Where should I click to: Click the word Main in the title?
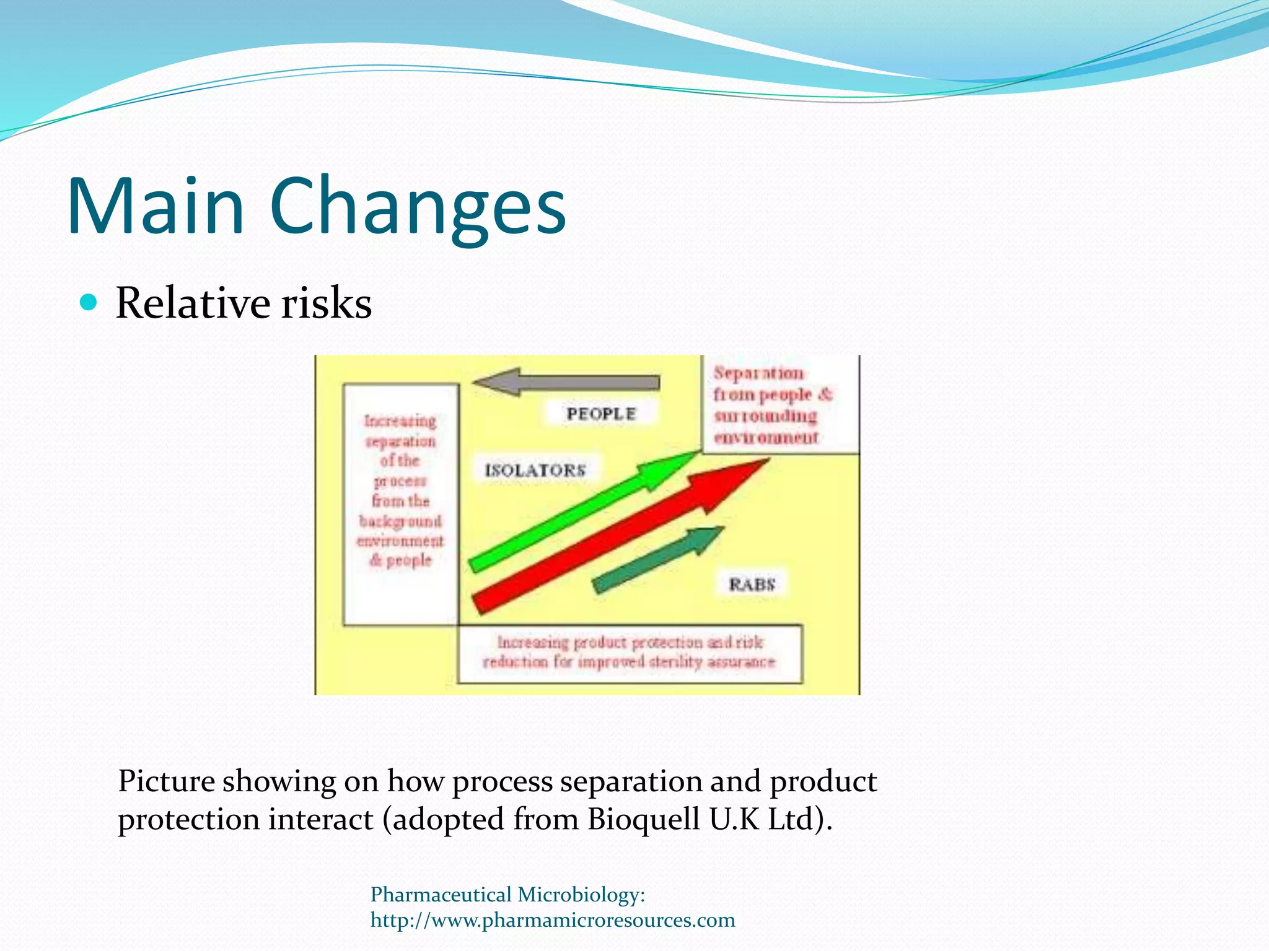point(155,206)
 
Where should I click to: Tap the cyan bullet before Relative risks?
point(89,302)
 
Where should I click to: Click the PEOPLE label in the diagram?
point(600,414)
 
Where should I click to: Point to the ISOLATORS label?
point(535,471)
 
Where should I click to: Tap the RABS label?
point(752,584)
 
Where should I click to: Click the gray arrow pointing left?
point(567,382)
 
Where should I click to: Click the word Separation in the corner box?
point(758,373)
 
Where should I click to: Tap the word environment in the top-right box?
point(766,438)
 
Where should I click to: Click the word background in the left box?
point(400,521)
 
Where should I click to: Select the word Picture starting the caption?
point(166,781)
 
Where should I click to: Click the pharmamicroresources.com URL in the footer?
point(553,920)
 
